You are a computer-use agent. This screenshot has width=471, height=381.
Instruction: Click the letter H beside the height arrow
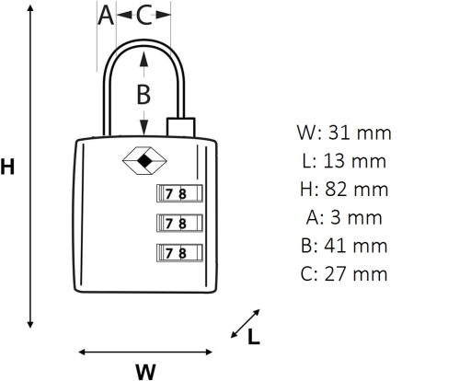coord(7,167)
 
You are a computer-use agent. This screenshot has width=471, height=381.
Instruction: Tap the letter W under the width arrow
coord(145,371)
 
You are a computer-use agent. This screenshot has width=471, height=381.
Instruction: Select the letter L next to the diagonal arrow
coord(254,337)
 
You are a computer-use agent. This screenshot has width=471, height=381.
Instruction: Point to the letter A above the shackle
coord(106,16)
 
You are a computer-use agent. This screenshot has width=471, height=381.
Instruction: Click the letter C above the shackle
coord(144,16)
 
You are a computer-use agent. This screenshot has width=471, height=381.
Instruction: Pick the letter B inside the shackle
coord(144,94)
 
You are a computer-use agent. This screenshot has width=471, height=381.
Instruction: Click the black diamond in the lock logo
coord(144,161)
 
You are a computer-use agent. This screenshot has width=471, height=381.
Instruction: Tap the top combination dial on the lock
coord(179,193)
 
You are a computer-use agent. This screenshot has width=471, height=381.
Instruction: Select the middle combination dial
coord(179,223)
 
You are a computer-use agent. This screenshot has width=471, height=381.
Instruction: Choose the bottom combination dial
coord(179,253)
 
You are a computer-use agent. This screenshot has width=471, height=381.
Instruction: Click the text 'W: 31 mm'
coord(344,133)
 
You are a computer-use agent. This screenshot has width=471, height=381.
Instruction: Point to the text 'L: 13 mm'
coord(344,161)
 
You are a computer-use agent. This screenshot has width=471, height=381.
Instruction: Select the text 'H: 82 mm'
coord(344,190)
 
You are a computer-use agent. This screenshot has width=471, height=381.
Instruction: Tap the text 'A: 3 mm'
coord(344,217)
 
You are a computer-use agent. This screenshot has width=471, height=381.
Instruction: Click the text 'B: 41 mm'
coord(344,246)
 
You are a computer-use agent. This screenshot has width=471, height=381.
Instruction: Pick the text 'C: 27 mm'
coord(344,274)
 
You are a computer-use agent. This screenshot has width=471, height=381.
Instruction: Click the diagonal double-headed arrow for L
coord(246,324)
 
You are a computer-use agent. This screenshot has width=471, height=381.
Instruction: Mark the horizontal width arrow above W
coord(145,352)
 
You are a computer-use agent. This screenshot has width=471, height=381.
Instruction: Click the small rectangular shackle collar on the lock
coord(181,127)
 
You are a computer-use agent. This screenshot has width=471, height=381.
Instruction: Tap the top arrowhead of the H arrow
coord(30,8)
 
